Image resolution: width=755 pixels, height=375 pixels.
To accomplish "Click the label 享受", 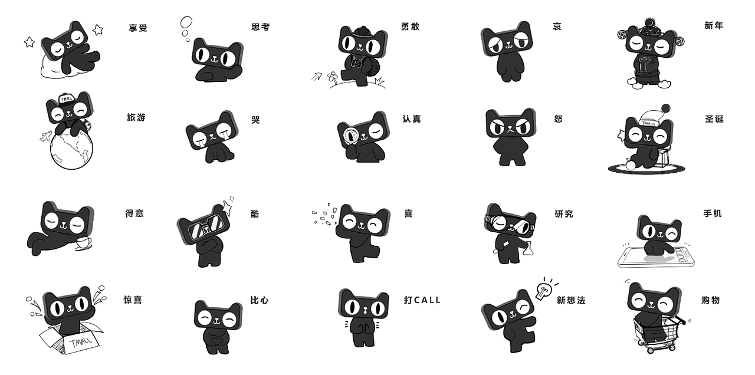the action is tap(138, 28).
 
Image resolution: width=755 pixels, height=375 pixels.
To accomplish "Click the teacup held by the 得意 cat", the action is tap(84, 243).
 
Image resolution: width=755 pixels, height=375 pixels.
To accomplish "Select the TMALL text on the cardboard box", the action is tap(81, 343).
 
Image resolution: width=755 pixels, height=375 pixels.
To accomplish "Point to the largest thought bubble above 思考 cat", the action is tap(186, 22).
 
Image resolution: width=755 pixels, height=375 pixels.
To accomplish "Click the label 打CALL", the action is tap(422, 300).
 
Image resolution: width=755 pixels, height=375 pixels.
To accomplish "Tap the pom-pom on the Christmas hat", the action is tap(665, 108).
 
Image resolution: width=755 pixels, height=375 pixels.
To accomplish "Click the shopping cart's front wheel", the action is tap(651, 350).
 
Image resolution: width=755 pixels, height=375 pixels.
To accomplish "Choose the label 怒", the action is tap(558, 119).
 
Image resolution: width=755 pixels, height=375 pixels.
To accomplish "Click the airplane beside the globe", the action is tap(46, 136).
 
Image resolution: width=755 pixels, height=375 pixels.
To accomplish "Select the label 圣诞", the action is tap(714, 119).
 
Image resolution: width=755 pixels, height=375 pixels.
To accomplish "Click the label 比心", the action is tap(259, 300).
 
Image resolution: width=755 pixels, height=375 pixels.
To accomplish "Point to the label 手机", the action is tap(713, 213).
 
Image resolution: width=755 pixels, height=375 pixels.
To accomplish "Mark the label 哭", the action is tap(255, 120).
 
